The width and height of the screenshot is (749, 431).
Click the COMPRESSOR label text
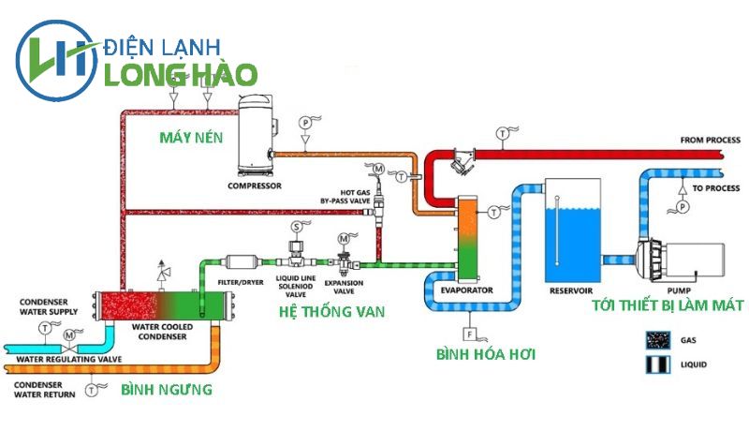[255, 185]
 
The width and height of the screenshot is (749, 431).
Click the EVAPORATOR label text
[466, 290]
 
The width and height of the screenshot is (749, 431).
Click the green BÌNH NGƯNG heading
[167, 389]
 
